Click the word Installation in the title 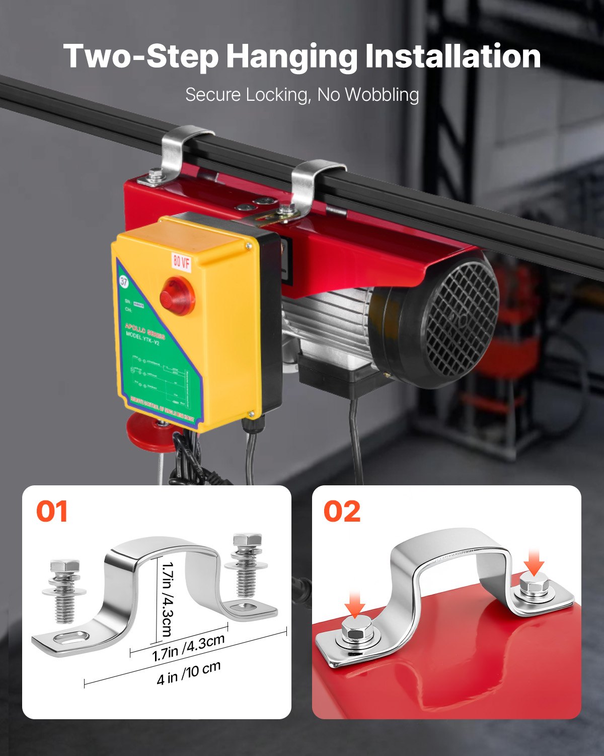(x=452, y=56)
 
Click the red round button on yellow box (x=177, y=296)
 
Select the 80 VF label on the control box (x=182, y=261)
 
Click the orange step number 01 (x=52, y=512)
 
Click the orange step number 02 (x=342, y=512)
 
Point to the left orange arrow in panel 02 (x=356, y=603)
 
